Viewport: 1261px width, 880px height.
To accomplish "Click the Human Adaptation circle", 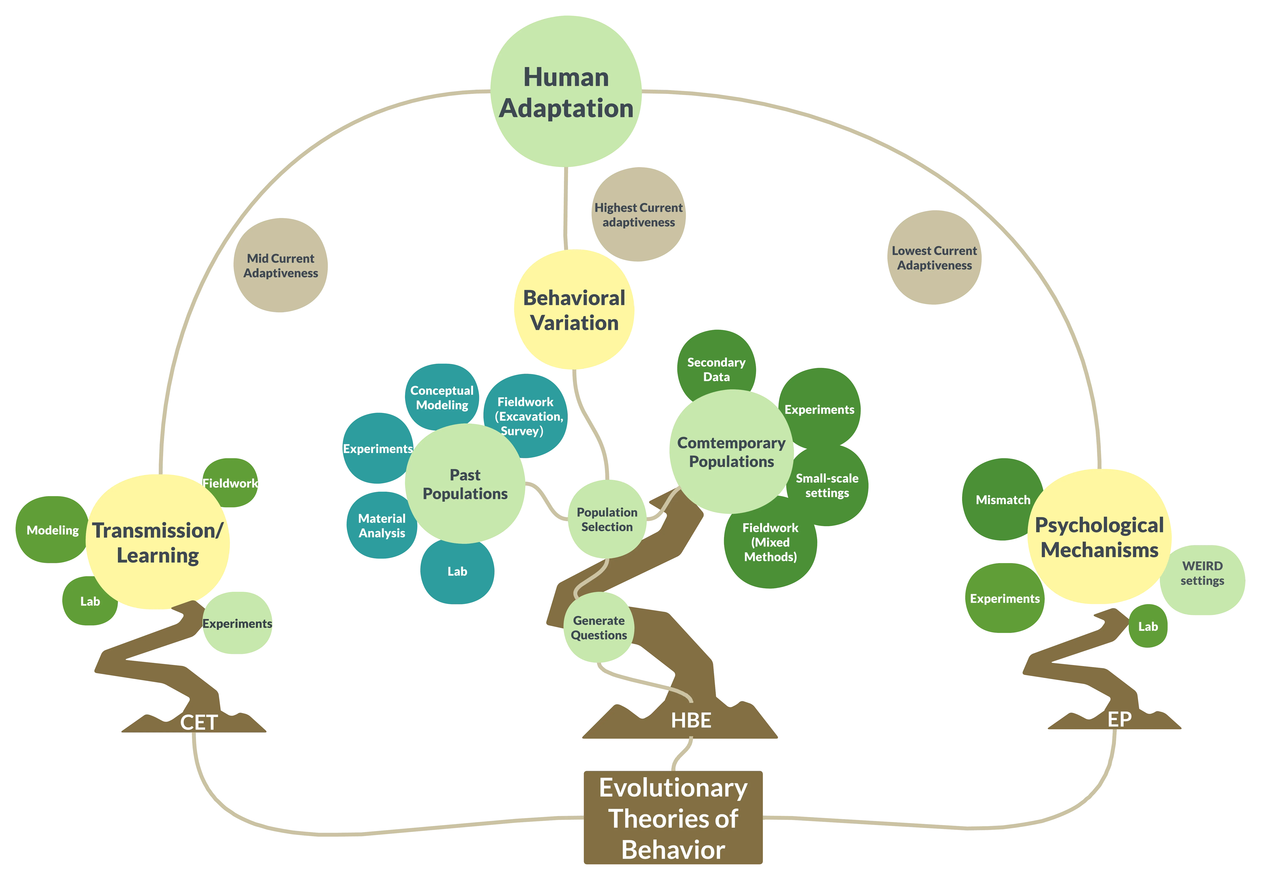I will (x=566, y=92).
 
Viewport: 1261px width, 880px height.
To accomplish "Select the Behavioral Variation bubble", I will (x=574, y=310).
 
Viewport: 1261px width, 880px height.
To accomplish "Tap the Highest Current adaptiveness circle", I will (x=639, y=215).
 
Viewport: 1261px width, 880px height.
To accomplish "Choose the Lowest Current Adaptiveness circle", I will (x=934, y=258).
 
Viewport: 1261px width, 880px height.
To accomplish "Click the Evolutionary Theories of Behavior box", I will (x=673, y=818).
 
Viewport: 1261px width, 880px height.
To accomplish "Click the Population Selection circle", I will (x=607, y=519).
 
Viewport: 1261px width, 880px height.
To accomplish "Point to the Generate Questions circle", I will (x=599, y=627).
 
